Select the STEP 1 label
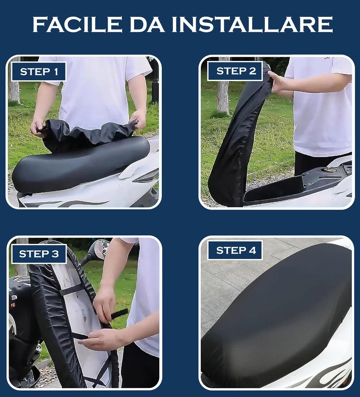39,72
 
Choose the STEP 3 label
39,254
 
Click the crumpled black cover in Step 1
89,132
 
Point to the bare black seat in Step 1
79,163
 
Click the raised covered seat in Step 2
236,145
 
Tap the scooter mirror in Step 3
99,250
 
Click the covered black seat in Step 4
277,314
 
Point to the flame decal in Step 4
327,374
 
